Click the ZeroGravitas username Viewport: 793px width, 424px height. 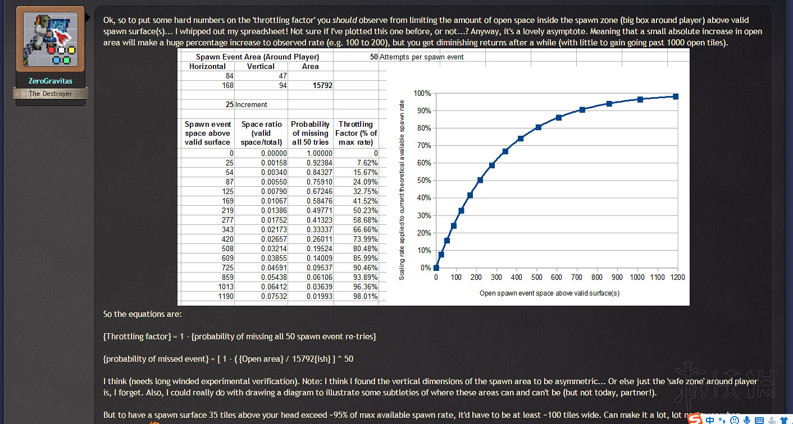coord(50,81)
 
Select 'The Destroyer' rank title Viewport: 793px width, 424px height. coord(50,94)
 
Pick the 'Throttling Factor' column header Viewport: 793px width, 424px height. coord(356,133)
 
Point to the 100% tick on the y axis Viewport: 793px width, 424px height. coord(422,93)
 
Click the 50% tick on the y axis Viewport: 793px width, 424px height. coord(423,181)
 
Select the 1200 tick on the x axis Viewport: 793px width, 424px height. coord(677,277)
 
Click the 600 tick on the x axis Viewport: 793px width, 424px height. coord(557,277)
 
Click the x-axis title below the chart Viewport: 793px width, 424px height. coord(549,293)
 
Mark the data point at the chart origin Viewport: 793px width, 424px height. coord(436,268)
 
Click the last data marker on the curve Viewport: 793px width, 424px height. coord(676,96)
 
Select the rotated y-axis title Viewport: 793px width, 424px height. coord(402,188)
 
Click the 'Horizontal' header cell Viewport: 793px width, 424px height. coord(207,66)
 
